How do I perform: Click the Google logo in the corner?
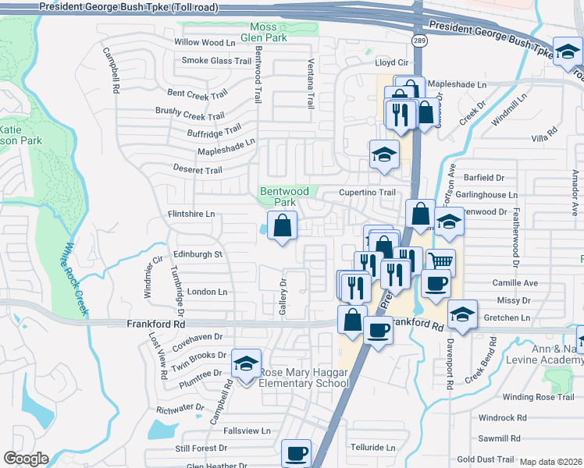click(26, 459)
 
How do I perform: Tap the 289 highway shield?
click(420, 41)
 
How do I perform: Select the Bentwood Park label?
click(284, 196)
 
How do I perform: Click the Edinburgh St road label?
click(198, 254)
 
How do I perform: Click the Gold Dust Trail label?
click(485, 460)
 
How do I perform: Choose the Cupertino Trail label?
click(367, 192)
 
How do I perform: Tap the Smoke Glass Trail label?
click(216, 60)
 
